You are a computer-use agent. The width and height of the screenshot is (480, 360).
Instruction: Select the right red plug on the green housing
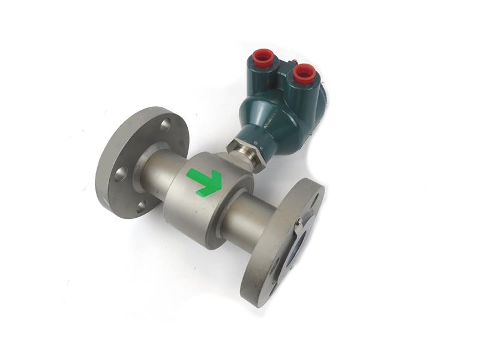305,73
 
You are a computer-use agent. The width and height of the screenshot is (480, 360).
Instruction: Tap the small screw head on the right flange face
298,223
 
